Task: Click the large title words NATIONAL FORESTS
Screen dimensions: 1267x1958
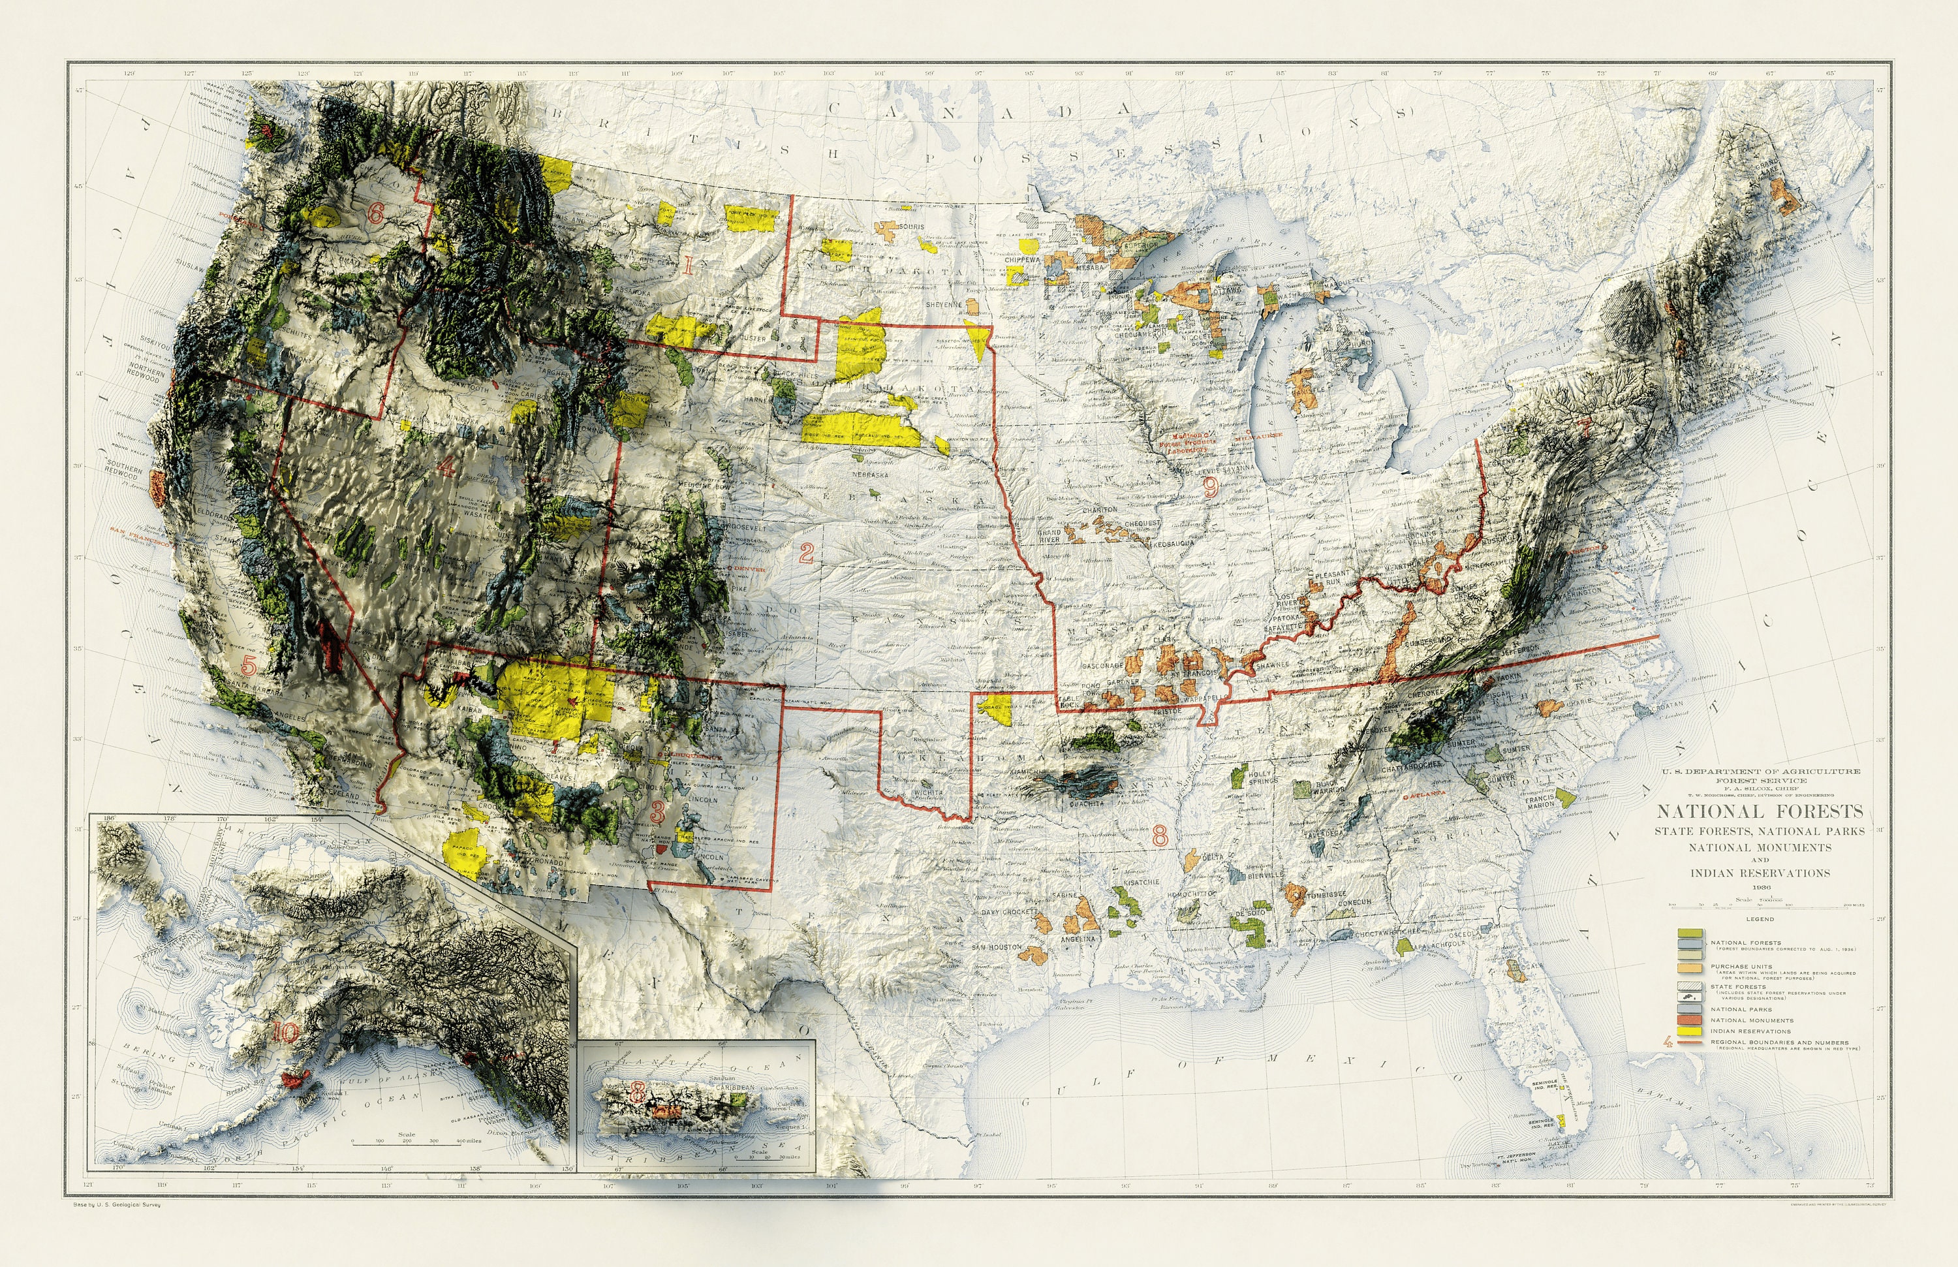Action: (1759, 812)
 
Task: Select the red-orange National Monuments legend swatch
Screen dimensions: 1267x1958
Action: (1690, 1020)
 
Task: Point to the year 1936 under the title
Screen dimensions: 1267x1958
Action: (1759, 888)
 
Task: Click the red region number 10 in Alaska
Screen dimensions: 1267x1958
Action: (285, 1032)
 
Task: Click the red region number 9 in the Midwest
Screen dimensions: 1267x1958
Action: (1210, 488)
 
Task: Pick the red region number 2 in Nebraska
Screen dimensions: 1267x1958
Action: (806, 554)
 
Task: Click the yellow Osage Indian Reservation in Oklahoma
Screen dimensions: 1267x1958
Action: (998, 708)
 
